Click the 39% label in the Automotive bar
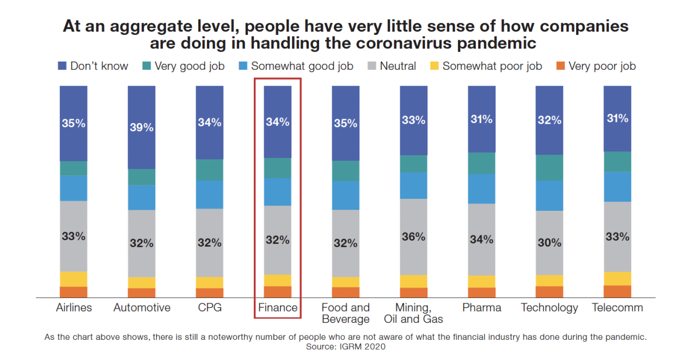(142, 127)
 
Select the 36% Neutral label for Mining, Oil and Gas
(413, 237)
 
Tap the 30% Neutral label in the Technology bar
(549, 243)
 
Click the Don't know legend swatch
(63, 66)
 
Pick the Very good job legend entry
(182, 66)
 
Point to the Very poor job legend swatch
(559, 66)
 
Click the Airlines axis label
(74, 308)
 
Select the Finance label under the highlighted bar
(278, 308)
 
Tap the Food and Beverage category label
(345, 313)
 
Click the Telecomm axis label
(617, 308)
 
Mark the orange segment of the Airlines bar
(74, 292)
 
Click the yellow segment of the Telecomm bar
(617, 278)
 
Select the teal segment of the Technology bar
(549, 168)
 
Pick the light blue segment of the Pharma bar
(481, 189)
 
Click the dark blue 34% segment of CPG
(210, 123)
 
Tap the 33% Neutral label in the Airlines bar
(74, 236)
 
